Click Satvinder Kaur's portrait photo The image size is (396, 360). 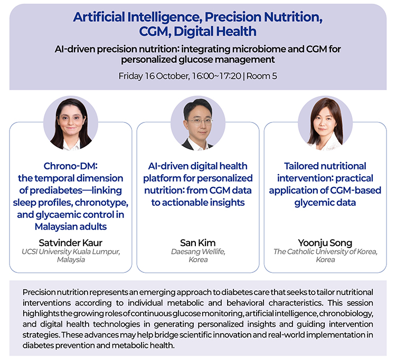pos(71,123)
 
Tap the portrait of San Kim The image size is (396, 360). pos(198,123)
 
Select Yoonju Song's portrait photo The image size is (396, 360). pos(325,123)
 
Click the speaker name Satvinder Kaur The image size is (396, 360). pos(70,243)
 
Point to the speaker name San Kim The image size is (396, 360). pos(198,243)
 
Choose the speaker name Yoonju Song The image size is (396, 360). pos(325,243)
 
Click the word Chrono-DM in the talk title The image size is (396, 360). pos(70,166)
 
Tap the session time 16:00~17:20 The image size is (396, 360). pos(216,76)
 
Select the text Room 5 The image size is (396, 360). pos(262,76)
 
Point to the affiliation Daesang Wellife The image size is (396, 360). pos(198,252)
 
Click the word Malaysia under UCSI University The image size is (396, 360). pos(71,260)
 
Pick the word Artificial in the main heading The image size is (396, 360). pos(99,17)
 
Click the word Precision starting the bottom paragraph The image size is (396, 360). pos(39,292)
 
